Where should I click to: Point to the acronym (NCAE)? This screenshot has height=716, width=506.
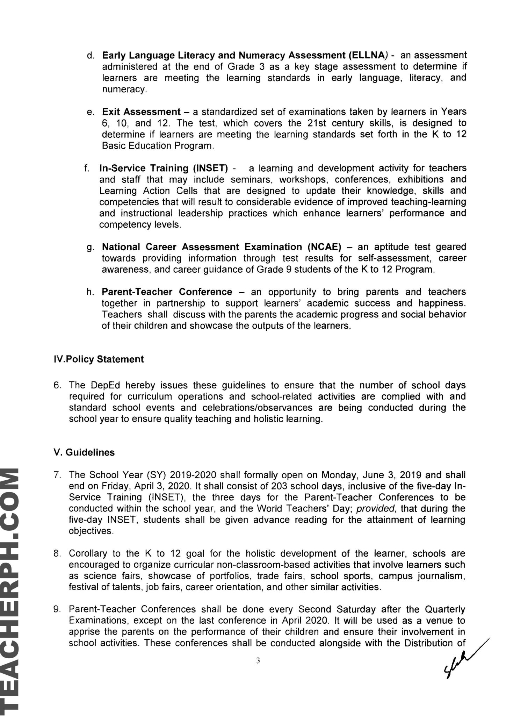(325, 247)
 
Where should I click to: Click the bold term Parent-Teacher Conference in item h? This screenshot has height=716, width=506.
(167, 292)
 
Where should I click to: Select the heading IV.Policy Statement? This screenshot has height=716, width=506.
(99, 359)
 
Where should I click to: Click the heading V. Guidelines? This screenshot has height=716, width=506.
(84, 452)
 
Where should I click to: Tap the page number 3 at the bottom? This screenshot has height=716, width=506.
(258, 661)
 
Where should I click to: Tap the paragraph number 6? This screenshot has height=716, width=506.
(58, 385)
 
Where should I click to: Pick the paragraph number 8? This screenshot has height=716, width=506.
(58, 553)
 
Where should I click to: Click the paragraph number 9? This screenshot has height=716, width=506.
(58, 609)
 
